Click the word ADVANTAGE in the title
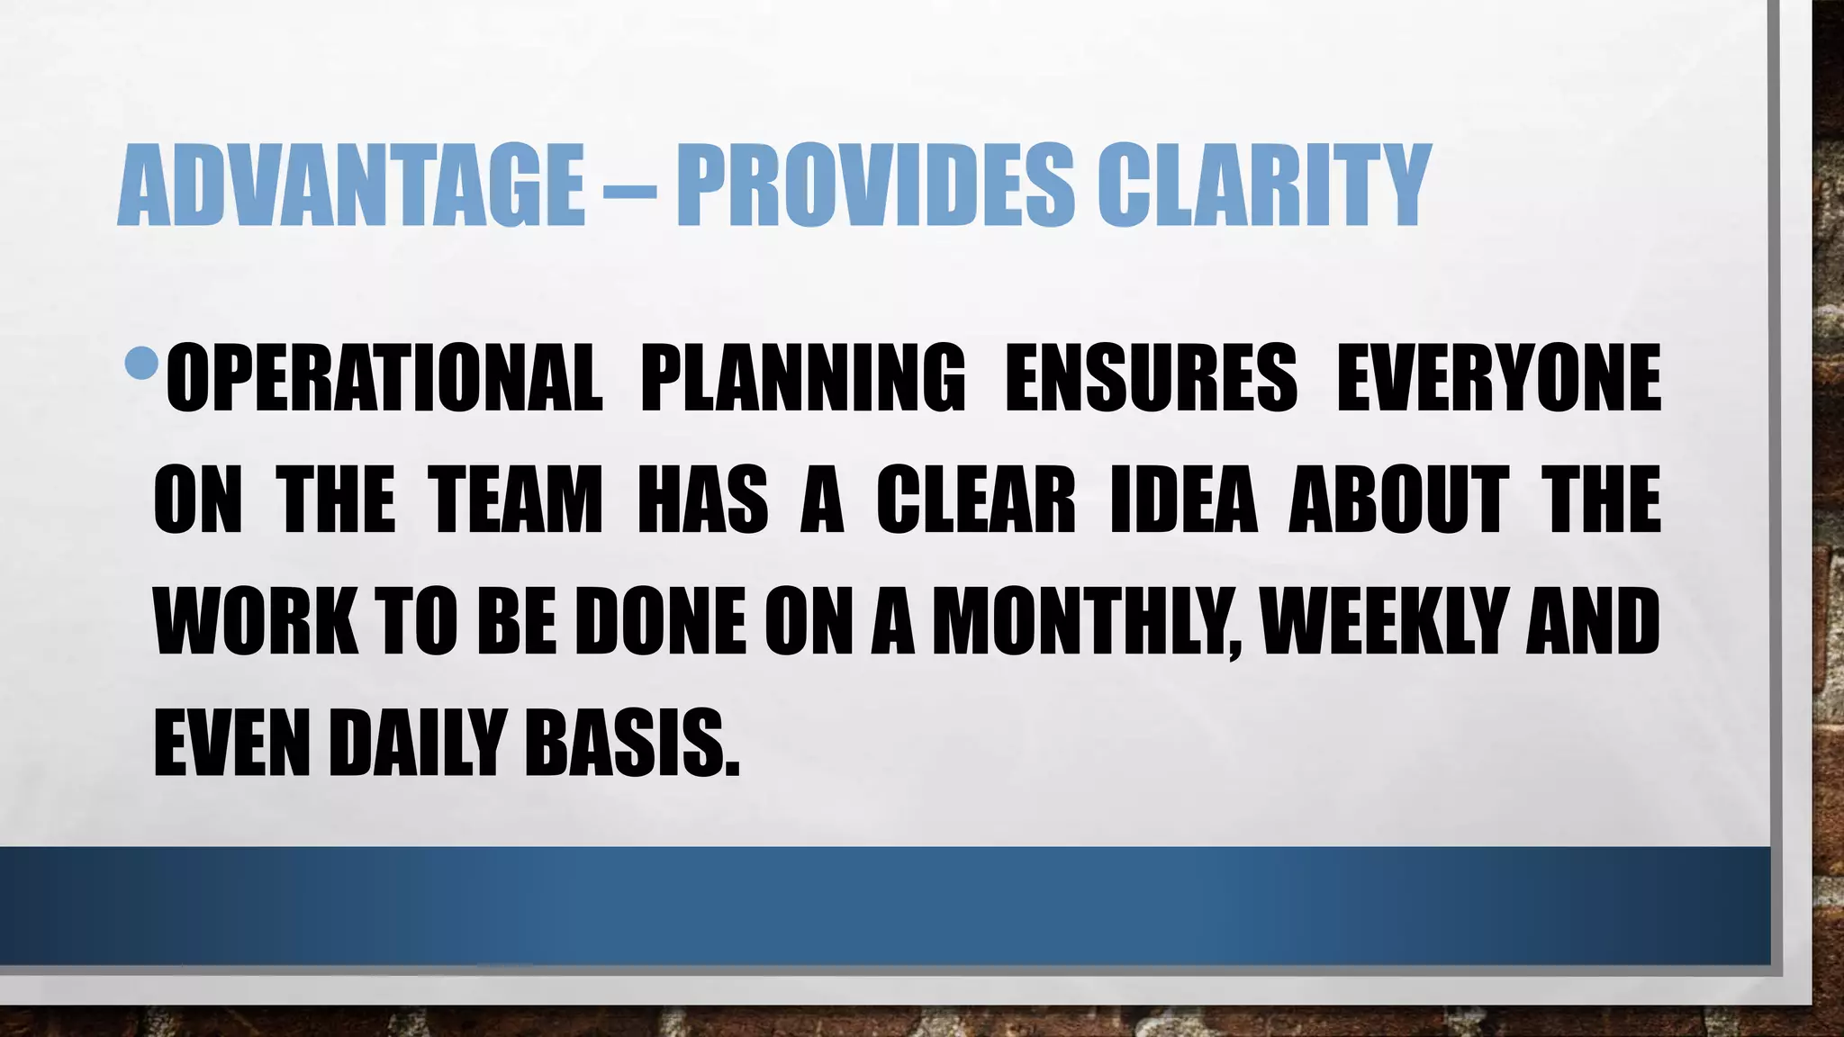click(351, 185)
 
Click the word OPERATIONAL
click(384, 378)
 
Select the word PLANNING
click(801, 378)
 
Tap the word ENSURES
click(1150, 378)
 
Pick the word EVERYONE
click(1497, 378)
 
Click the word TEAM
click(514, 500)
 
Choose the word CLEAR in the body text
click(975, 500)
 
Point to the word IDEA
click(1183, 500)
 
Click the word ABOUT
click(1398, 500)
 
